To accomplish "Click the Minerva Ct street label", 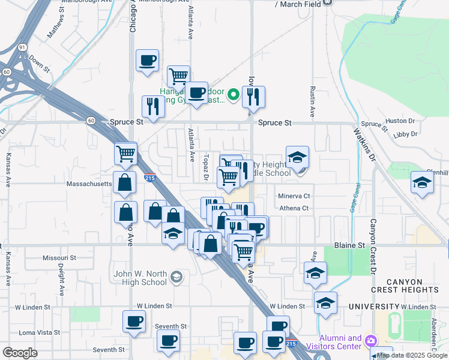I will pos(294,196).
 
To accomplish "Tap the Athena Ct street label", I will pos(294,208).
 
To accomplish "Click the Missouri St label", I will pos(59,257).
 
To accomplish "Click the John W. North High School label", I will pos(140,278).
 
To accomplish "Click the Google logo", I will pos(20,353).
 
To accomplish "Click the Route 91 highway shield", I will pos(22,47).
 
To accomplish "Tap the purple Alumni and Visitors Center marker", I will pos(371,341).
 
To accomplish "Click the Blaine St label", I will pos(349,246).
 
